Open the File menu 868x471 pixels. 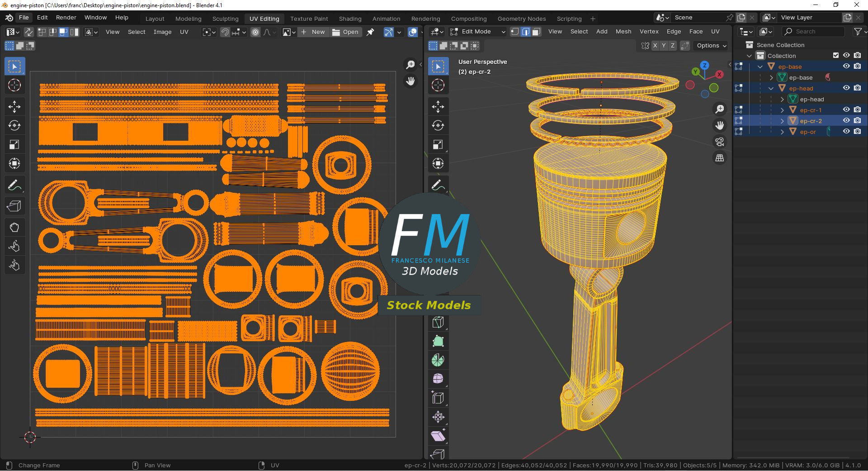(x=24, y=18)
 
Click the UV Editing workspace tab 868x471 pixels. (x=264, y=19)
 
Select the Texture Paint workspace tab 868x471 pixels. (x=309, y=19)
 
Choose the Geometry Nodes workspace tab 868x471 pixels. (x=521, y=19)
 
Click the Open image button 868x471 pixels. (x=345, y=32)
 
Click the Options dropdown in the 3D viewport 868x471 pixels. (x=711, y=46)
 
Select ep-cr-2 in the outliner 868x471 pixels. (x=811, y=121)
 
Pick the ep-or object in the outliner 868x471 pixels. (x=807, y=132)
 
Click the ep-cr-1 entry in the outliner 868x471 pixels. (x=811, y=110)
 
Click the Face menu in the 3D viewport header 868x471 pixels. (x=696, y=32)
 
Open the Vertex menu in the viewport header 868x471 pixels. (x=649, y=32)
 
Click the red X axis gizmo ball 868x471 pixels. (x=719, y=74)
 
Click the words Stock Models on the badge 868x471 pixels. (x=429, y=305)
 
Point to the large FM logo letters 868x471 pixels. (x=429, y=235)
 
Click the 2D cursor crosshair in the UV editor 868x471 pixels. (x=30, y=437)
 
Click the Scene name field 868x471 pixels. (x=698, y=18)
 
